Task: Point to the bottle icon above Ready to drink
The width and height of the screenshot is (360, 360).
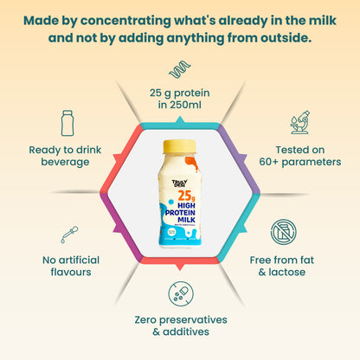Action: click(x=67, y=122)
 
